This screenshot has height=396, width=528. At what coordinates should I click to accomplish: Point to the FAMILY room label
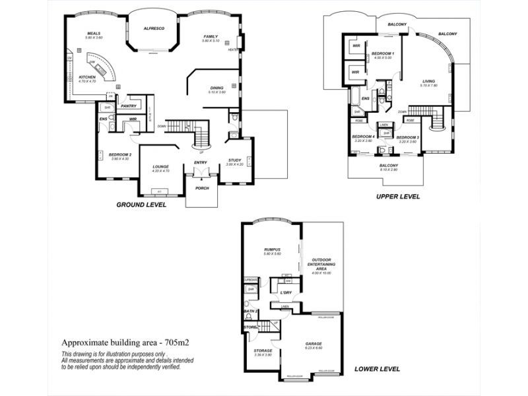tap(211, 36)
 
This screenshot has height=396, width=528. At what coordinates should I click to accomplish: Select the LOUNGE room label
tap(161, 166)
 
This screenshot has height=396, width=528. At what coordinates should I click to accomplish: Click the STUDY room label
tap(235, 160)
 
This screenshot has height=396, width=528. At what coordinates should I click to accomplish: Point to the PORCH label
tap(201, 188)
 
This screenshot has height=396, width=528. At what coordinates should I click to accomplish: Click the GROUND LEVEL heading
tap(141, 205)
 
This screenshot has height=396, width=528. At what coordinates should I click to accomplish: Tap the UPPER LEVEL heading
tap(398, 197)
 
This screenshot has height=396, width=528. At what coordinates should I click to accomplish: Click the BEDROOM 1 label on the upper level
tap(382, 53)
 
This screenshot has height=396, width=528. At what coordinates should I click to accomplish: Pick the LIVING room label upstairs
tap(429, 82)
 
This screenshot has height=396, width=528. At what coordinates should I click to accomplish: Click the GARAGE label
tap(313, 344)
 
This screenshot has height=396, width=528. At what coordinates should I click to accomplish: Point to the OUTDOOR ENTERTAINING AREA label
tap(323, 264)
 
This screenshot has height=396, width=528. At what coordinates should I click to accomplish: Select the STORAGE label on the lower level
tap(263, 350)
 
